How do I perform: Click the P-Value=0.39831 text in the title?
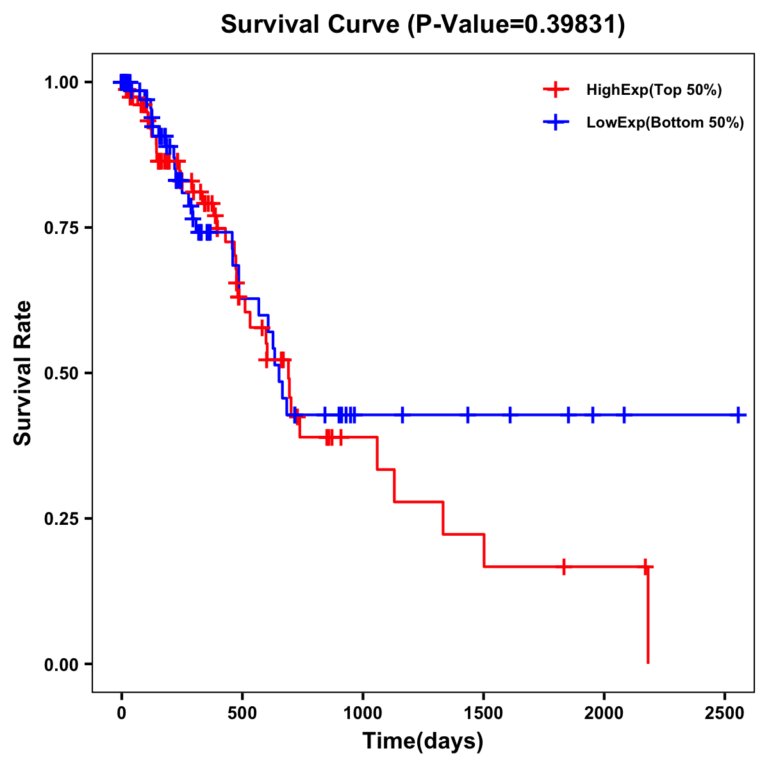[x=517, y=25]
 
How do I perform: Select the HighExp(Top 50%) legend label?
[x=654, y=90]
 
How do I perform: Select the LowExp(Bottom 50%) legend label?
[x=665, y=123]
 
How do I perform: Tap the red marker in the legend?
[x=556, y=90]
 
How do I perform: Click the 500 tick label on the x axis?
[x=242, y=715]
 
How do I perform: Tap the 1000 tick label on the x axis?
[x=363, y=715]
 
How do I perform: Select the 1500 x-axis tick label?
[x=484, y=715]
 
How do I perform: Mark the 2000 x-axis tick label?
[x=604, y=715]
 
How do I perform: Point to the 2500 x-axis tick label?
[x=725, y=715]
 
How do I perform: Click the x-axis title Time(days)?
[x=423, y=741]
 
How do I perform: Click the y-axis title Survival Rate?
[x=23, y=373]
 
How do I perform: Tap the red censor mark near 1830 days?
[x=563, y=567]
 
